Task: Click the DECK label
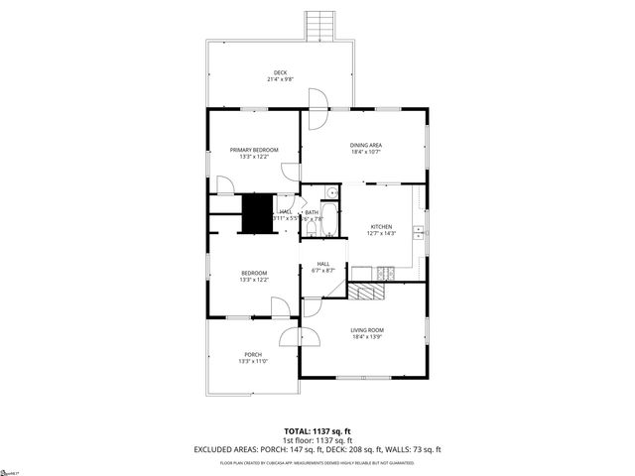pyautogui.click(x=281, y=72)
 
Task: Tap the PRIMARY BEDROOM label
pyautogui.click(x=253, y=150)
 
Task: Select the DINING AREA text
pyautogui.click(x=366, y=146)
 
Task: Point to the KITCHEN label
pyautogui.click(x=382, y=226)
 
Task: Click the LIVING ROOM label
pyautogui.click(x=366, y=330)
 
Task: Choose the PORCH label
pyautogui.click(x=253, y=355)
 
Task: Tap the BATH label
pyautogui.click(x=312, y=212)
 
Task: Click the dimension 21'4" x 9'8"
pyautogui.click(x=281, y=79)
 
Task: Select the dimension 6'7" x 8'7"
pyautogui.click(x=322, y=270)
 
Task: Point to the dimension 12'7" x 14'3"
pyautogui.click(x=382, y=233)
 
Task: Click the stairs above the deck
pyautogui.click(x=318, y=25)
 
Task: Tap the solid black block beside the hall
pyautogui.click(x=258, y=212)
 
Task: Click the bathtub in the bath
pyautogui.click(x=311, y=228)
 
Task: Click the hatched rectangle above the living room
pyautogui.click(x=365, y=291)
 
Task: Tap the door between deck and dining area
pyautogui.click(x=317, y=109)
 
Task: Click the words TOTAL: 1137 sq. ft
pyautogui.click(x=317, y=431)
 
